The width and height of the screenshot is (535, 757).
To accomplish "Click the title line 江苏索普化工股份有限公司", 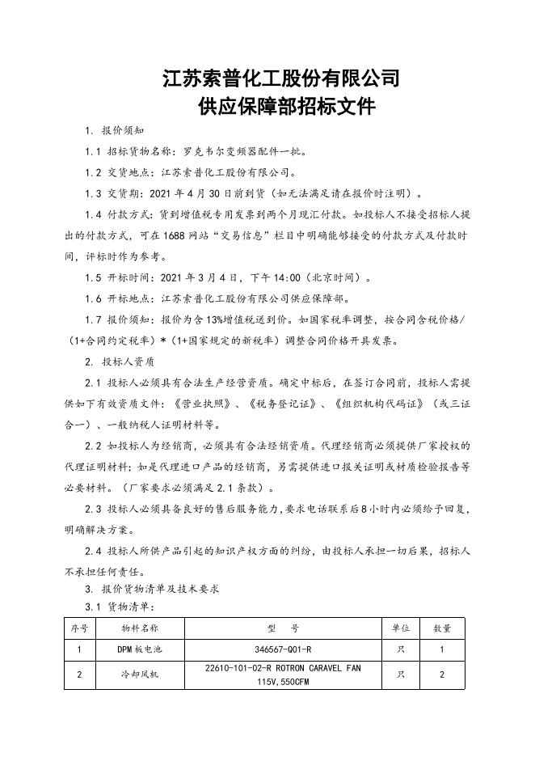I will click(281, 79).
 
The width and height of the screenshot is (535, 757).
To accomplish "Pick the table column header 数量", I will click(442, 628).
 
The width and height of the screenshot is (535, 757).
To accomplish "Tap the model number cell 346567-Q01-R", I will click(282, 649).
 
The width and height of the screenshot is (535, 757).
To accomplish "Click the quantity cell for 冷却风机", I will click(442, 675).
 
